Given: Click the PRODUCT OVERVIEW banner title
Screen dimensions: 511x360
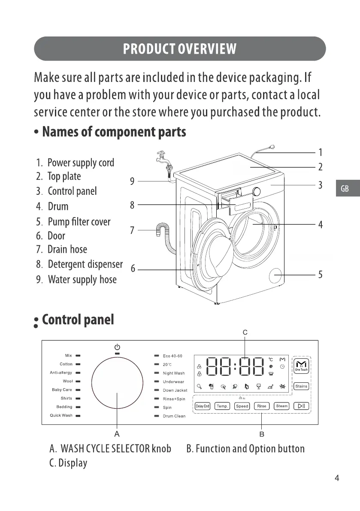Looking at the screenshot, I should click(x=179, y=49).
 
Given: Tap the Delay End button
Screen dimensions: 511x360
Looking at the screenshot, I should click(x=203, y=406).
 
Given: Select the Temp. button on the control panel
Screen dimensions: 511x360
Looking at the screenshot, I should click(x=222, y=406).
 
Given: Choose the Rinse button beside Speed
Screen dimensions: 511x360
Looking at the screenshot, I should click(x=262, y=406).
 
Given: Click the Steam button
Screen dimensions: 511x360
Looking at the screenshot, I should click(x=282, y=406).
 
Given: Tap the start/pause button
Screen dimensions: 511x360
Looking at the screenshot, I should click(x=302, y=406).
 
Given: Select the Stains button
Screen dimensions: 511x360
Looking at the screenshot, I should click(x=301, y=386).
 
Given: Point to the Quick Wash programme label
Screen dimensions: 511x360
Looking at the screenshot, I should click(x=61, y=415).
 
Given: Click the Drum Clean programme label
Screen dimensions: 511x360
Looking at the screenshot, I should click(x=174, y=416).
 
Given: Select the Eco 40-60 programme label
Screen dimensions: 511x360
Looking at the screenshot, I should click(x=172, y=356).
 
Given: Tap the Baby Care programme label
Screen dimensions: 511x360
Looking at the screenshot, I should click(x=62, y=390).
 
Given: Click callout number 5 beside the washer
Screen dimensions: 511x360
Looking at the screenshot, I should click(x=320, y=275).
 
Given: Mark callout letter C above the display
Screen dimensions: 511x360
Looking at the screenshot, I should click(x=245, y=332).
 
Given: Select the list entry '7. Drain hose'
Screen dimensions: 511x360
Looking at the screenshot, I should click(x=62, y=250).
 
